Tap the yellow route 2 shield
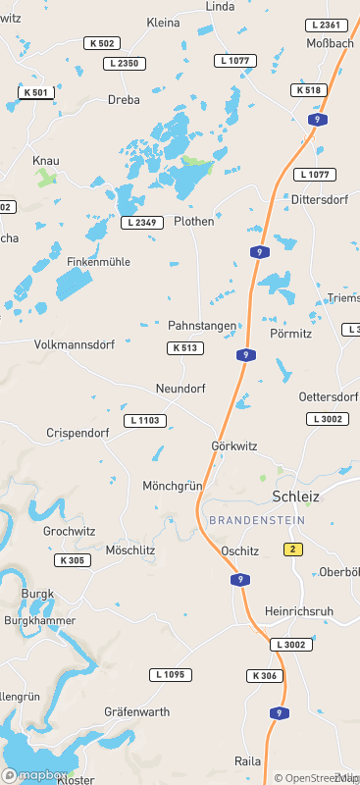tap(291, 549)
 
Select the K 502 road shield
tap(102, 43)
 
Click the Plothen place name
tap(193, 222)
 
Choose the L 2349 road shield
tap(141, 223)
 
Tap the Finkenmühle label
tap(98, 262)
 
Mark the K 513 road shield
tap(184, 347)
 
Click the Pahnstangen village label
tap(202, 325)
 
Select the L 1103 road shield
tap(145, 420)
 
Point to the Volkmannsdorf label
tap(75, 345)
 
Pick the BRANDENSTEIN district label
tap(257, 520)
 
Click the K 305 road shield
tap(73, 560)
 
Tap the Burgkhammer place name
tap(40, 621)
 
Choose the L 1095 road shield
tap(171, 675)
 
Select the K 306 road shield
tap(266, 676)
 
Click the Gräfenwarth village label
tap(137, 711)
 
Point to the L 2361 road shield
tap(326, 26)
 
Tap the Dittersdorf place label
tap(320, 199)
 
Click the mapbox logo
tap(34, 773)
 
